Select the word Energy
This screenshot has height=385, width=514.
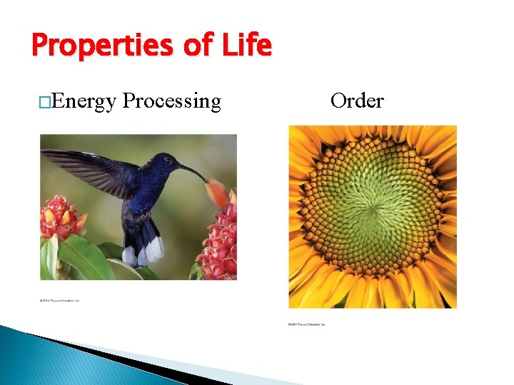pos(84,102)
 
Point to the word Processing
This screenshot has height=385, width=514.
pos(171,102)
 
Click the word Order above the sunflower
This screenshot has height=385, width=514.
pos(356,101)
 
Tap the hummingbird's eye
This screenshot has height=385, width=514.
pos(171,161)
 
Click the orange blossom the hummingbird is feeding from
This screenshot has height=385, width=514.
pos(216,191)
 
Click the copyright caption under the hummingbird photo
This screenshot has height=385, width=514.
pos(60,301)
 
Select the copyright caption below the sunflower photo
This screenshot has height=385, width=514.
pos(307,324)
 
